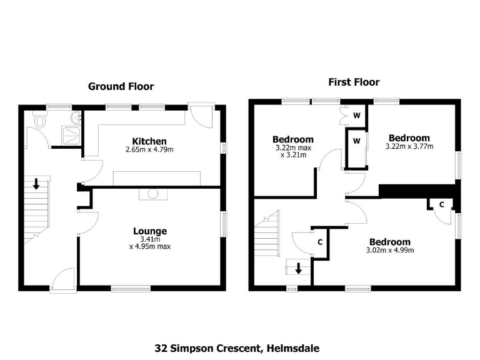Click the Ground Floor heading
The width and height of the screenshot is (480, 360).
point(121,86)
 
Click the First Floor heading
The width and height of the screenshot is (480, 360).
point(354,82)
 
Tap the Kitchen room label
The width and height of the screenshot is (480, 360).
point(149,141)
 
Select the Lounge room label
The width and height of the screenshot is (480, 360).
point(149,231)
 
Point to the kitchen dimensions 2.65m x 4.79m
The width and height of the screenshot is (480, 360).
point(149,150)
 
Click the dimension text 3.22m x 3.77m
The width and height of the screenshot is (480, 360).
point(410,147)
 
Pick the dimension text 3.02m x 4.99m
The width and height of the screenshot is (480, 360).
point(389,251)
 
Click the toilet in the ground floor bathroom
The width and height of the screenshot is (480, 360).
point(41,121)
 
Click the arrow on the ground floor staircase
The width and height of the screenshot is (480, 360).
point(37,184)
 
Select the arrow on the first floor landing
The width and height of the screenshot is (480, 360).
point(299,269)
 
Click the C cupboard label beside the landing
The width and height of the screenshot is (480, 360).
point(320,241)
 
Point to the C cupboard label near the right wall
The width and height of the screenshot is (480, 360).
point(441,204)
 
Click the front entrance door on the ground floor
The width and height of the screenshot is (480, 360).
point(64,279)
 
